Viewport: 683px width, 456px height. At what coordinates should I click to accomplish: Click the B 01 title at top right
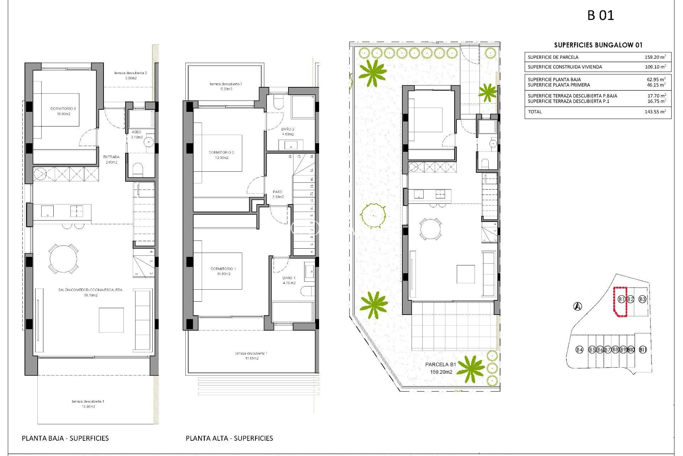[600, 15]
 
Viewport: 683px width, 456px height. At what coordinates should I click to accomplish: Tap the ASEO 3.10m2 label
[137, 134]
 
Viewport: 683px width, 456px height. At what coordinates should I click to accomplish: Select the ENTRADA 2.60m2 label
[111, 159]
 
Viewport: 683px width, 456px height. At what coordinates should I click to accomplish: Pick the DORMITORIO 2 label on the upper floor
[221, 155]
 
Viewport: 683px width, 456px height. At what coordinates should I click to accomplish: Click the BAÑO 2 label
[288, 131]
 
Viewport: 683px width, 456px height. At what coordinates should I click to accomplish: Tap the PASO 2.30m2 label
[278, 194]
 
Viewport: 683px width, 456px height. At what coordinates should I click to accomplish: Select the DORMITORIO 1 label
[223, 271]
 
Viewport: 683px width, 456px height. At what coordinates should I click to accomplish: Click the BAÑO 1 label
[289, 280]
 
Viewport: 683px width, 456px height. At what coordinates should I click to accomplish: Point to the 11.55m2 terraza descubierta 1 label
[251, 356]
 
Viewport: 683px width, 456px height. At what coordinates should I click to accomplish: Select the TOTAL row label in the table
[535, 112]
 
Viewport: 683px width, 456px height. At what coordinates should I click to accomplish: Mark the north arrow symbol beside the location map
[578, 306]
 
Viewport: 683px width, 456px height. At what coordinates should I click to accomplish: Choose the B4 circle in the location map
[579, 349]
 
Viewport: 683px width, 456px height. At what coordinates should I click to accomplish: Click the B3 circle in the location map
[642, 299]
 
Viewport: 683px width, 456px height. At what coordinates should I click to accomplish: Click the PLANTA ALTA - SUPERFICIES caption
[229, 438]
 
